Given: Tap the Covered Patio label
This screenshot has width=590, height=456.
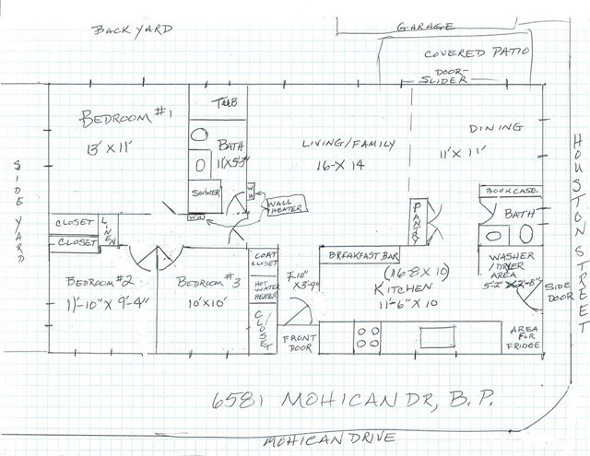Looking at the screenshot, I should [x=477, y=53].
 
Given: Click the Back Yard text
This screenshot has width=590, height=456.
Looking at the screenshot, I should [x=133, y=30].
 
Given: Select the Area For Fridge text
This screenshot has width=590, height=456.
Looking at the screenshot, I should [x=527, y=337].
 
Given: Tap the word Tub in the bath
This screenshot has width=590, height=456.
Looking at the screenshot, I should [x=226, y=101].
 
